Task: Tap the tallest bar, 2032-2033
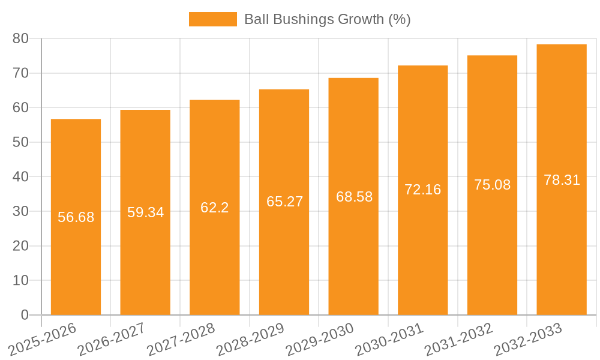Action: click(x=562, y=252)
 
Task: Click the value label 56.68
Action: click(x=76, y=217)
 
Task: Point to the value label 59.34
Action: click(x=145, y=212)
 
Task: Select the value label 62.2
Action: click(x=214, y=208)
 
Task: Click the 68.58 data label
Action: click(x=354, y=197)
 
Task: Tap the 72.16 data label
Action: click(x=422, y=190)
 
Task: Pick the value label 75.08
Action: click(x=492, y=185)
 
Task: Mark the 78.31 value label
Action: click(x=562, y=180)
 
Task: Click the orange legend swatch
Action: click(x=212, y=19)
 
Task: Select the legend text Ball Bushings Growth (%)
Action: click(x=327, y=19)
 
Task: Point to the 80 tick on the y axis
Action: click(x=20, y=38)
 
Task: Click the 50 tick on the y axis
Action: click(x=20, y=142)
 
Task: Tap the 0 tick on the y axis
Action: click(x=25, y=315)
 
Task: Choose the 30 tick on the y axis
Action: click(x=20, y=211)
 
